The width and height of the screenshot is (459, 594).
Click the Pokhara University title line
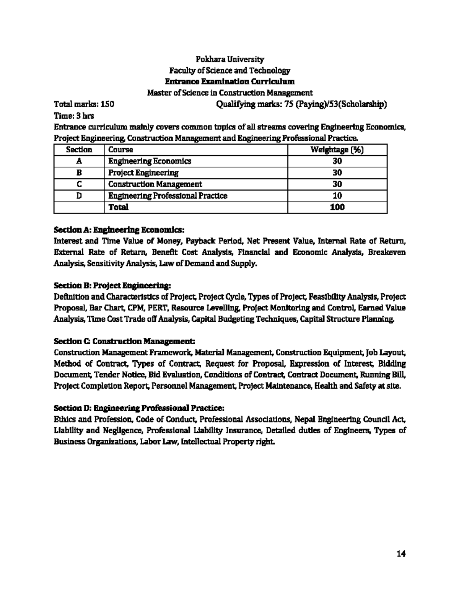[x=229, y=59]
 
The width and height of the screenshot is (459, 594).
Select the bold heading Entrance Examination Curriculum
[x=229, y=81]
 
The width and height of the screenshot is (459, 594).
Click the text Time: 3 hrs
[x=74, y=116]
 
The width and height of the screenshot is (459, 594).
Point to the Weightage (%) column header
[x=337, y=150]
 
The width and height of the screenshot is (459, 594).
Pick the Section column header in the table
[x=79, y=150]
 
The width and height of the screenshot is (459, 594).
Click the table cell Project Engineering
[x=143, y=173]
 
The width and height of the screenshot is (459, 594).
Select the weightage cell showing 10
[x=337, y=196]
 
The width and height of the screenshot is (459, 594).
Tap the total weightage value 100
[x=337, y=207]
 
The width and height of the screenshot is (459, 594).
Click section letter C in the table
[x=79, y=184]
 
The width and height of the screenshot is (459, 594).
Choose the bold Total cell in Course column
[x=118, y=207]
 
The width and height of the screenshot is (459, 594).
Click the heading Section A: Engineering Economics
[x=119, y=230]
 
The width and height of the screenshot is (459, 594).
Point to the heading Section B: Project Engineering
[x=112, y=285]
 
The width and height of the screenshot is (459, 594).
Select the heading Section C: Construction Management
[x=125, y=340]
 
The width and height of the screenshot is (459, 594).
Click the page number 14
[x=401, y=554]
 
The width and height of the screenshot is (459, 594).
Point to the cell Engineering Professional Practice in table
[x=168, y=196]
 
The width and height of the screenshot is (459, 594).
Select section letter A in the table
[x=79, y=161]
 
